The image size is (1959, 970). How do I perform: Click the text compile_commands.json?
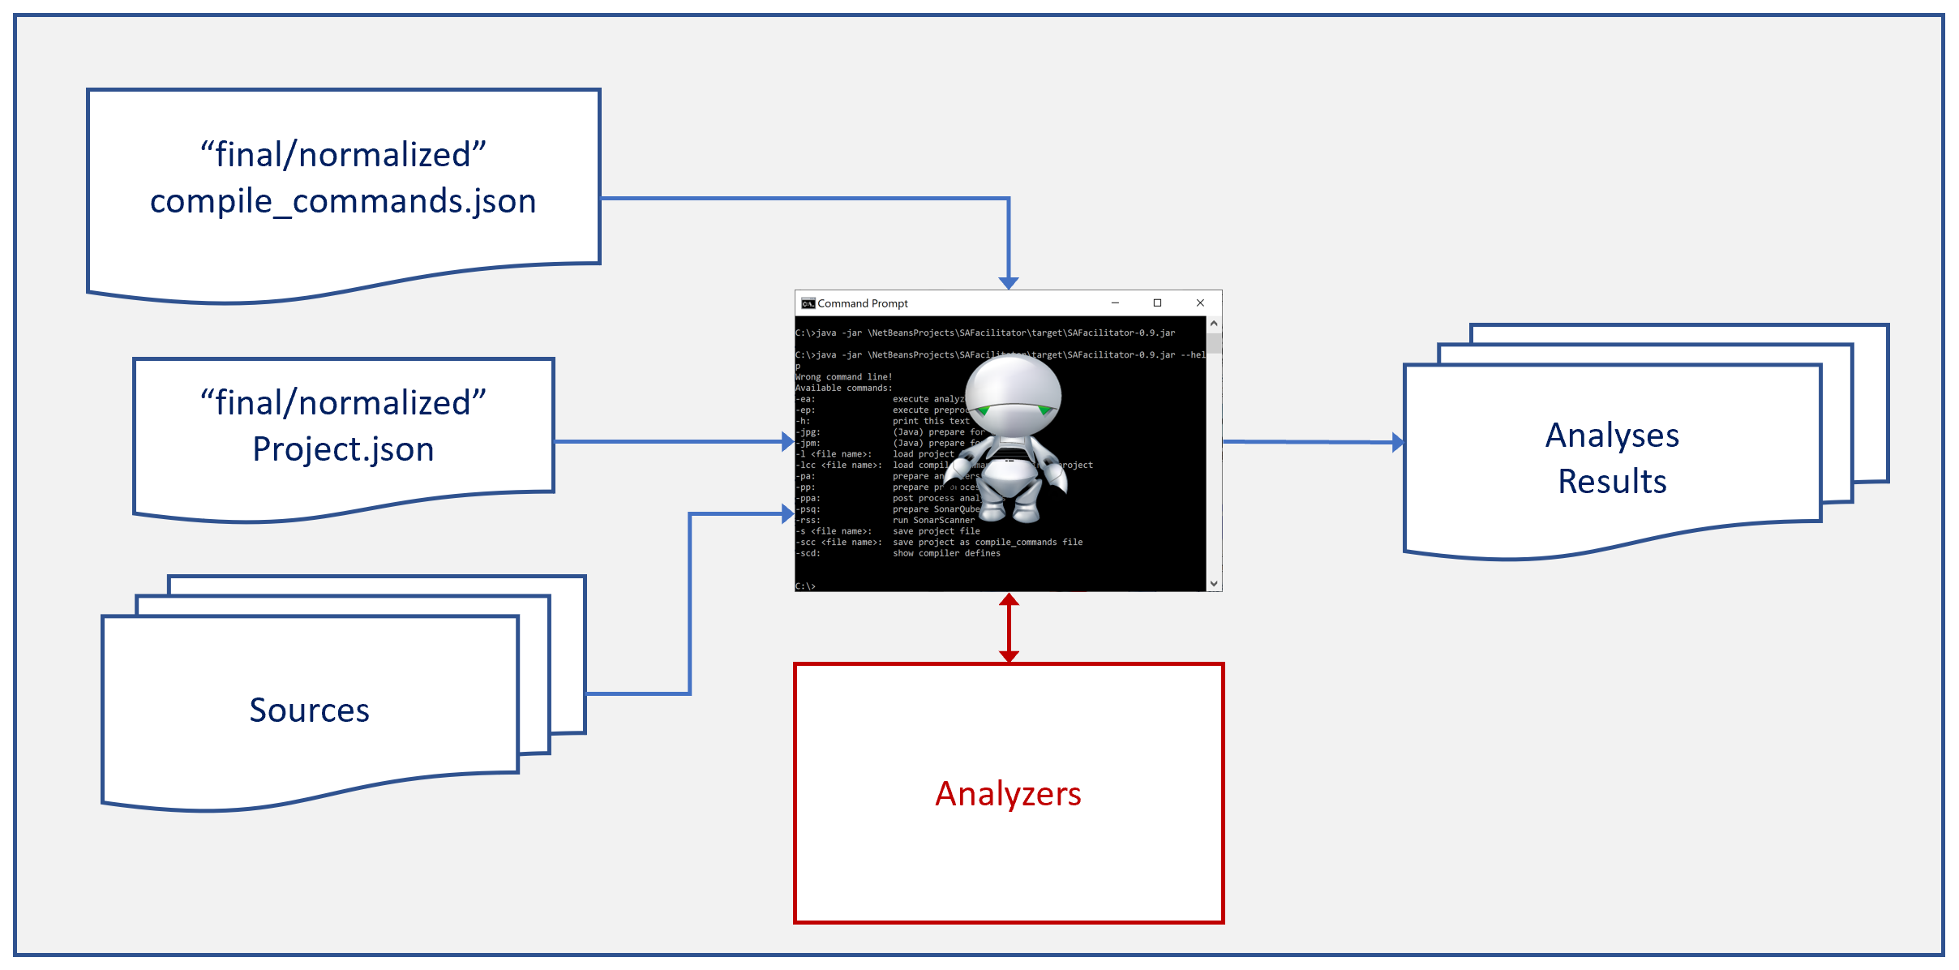(x=343, y=201)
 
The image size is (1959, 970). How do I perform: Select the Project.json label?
(x=343, y=449)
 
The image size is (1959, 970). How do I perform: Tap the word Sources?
(x=309, y=710)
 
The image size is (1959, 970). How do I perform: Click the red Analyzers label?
(x=1008, y=794)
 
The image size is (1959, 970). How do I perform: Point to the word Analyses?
(x=1612, y=436)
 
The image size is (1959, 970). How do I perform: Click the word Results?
(x=1612, y=482)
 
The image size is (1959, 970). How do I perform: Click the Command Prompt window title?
(x=863, y=303)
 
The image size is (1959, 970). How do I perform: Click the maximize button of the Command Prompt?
(x=1157, y=303)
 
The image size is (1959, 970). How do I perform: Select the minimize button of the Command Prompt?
(x=1115, y=303)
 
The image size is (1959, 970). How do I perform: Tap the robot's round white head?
(x=1014, y=389)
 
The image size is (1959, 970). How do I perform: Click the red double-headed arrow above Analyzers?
(x=1009, y=628)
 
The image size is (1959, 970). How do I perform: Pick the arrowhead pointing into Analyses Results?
(x=1397, y=442)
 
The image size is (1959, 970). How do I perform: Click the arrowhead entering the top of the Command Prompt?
(x=1009, y=282)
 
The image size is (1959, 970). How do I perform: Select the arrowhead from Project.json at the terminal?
(x=787, y=442)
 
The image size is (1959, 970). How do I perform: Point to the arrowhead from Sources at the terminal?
(x=787, y=513)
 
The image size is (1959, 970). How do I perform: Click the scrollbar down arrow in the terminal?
(x=1214, y=583)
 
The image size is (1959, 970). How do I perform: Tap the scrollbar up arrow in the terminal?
(x=1214, y=324)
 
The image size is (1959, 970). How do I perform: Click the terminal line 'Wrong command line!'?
(x=843, y=377)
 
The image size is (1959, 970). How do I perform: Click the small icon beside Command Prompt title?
(x=808, y=303)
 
